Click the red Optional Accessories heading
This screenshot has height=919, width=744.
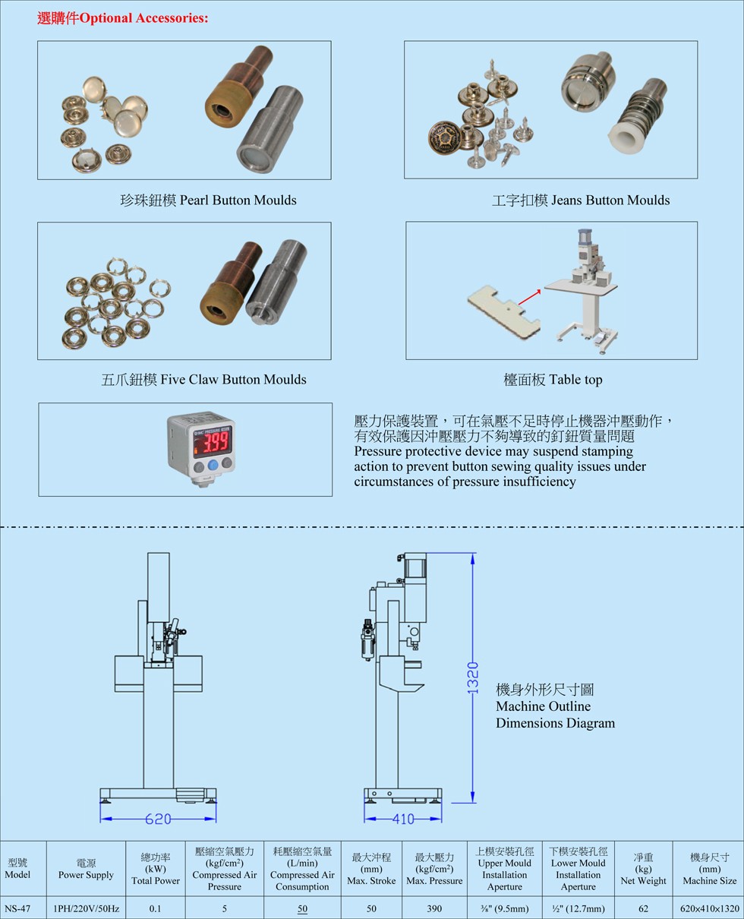pos(122,18)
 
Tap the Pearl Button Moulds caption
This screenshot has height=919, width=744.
pos(208,201)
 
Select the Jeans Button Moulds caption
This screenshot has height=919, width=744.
pos(581,201)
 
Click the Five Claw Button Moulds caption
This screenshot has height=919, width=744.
pos(203,380)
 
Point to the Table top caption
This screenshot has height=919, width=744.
pos(553,380)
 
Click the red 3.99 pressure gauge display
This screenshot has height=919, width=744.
pos(213,443)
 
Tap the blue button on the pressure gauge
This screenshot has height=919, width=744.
pos(213,465)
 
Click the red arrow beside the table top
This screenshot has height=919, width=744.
pos(529,297)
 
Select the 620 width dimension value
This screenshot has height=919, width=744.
pos(158,819)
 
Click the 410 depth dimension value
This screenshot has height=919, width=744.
pos(403,819)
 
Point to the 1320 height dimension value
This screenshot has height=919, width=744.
pos(473,677)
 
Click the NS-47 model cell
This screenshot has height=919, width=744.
pos(17,908)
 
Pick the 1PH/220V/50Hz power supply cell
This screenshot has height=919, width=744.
pos(86,908)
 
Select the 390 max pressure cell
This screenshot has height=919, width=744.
pos(434,908)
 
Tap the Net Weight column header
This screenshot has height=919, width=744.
pos(643,869)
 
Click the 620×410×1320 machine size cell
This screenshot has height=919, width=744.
pos(710,908)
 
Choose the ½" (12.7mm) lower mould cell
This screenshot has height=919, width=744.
pos(578,908)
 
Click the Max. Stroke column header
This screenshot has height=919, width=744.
pos(371,869)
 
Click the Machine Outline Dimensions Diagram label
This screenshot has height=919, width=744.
pos(556,706)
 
